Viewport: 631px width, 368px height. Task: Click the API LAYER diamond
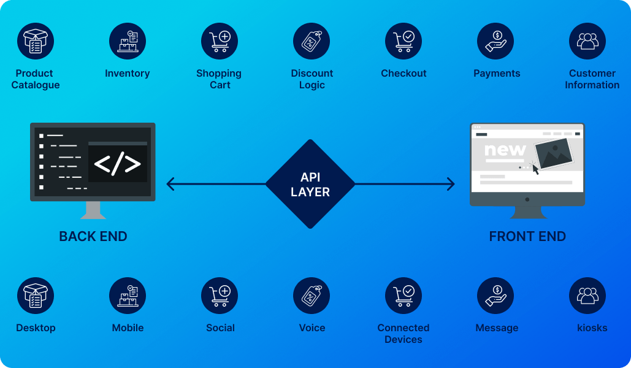pyautogui.click(x=310, y=184)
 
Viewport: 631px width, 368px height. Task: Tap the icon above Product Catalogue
pyautogui.click(x=36, y=41)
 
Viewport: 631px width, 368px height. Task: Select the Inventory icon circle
pyautogui.click(x=128, y=41)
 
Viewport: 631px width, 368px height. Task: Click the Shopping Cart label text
pyautogui.click(x=219, y=79)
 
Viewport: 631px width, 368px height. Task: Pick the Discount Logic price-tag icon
pyautogui.click(x=312, y=41)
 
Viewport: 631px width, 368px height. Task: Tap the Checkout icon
pyautogui.click(x=403, y=41)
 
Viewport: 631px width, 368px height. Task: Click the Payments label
pyautogui.click(x=497, y=74)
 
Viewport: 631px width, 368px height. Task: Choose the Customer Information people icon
pyautogui.click(x=587, y=41)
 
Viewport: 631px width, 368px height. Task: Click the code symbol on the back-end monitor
pyautogui.click(x=117, y=164)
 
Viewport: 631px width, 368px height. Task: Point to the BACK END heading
pyautogui.click(x=93, y=237)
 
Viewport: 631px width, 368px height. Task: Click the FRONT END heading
pyautogui.click(x=527, y=237)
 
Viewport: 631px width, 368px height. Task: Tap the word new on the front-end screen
pyautogui.click(x=505, y=150)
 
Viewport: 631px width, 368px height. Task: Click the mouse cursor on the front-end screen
pyautogui.click(x=535, y=169)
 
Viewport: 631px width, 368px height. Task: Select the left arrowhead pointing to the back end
pyautogui.click(x=170, y=184)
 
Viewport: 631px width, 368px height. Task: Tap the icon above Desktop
pyautogui.click(x=36, y=296)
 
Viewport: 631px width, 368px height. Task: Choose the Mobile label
pyautogui.click(x=128, y=328)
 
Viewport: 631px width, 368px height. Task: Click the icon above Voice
pyautogui.click(x=312, y=296)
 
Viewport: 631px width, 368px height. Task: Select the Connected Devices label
pyautogui.click(x=403, y=334)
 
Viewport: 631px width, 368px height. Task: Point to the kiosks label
pyautogui.click(x=592, y=328)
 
